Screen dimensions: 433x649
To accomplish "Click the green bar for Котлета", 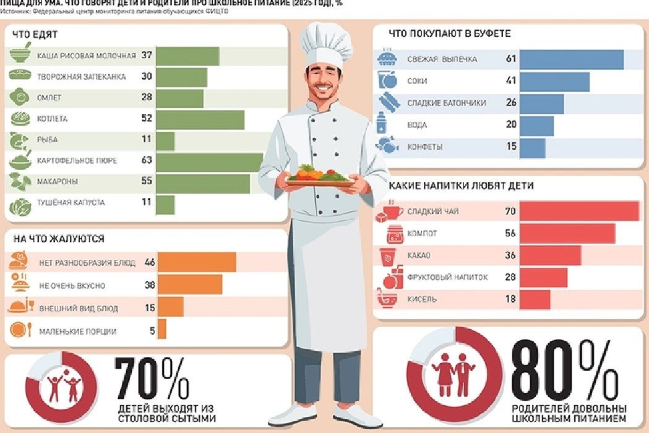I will coord(200,119).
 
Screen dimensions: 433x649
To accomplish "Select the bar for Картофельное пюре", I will coord(210,161).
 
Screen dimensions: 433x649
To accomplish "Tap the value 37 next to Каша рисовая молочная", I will coord(146,56).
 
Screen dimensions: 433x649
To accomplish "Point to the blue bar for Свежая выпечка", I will coord(571,59).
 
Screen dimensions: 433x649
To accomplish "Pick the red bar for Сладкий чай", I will coord(579,212).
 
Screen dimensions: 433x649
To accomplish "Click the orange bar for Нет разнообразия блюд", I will coord(197,262).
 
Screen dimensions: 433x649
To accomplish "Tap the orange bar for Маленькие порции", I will coord(162,329).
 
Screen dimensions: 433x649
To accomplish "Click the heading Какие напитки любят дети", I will coord(461,186).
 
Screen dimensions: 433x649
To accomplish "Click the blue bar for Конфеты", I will coord(532,147).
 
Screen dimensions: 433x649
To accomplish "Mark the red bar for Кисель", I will coord(535,299).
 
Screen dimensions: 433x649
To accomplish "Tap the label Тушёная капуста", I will coord(71,203).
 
